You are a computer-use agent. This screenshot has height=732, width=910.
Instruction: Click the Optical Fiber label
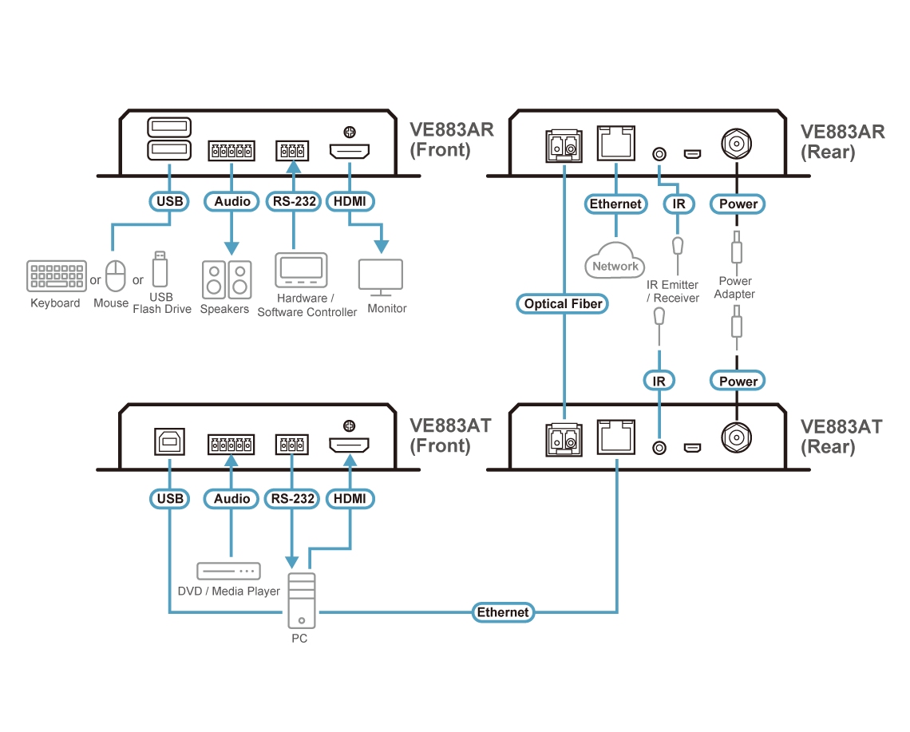click(x=564, y=303)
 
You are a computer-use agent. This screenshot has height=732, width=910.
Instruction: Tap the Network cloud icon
click(x=615, y=264)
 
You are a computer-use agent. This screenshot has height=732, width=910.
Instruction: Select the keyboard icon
click(x=56, y=276)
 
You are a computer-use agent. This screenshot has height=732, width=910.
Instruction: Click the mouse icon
click(x=117, y=276)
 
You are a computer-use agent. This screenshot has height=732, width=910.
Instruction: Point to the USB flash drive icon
click(x=159, y=270)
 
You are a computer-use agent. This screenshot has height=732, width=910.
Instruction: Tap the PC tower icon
click(x=301, y=601)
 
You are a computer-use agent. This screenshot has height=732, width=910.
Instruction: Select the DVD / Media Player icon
click(x=228, y=572)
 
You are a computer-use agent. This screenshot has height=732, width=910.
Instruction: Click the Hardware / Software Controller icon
click(x=301, y=270)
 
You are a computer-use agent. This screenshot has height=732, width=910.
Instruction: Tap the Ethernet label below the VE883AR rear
click(x=615, y=204)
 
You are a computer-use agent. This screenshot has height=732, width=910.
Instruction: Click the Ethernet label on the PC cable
click(x=503, y=612)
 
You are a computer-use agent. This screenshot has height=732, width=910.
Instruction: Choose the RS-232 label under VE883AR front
click(x=292, y=202)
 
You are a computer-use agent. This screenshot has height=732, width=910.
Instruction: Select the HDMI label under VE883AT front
click(x=350, y=499)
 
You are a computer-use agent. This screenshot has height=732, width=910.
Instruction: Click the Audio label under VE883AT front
click(x=231, y=499)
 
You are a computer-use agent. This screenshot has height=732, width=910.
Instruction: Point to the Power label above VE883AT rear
click(x=738, y=381)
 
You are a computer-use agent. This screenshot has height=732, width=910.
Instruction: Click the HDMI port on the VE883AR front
click(x=349, y=150)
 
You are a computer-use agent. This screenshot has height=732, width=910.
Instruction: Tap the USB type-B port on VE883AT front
click(x=169, y=442)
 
